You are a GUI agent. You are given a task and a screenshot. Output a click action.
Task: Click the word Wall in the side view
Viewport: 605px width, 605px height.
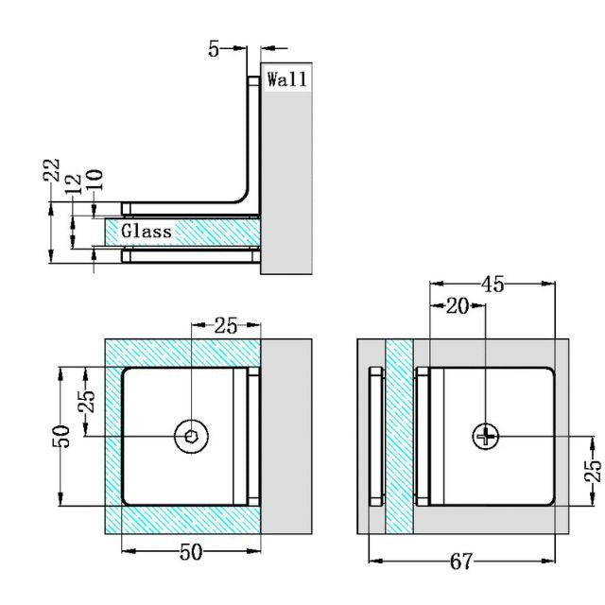click(x=286, y=79)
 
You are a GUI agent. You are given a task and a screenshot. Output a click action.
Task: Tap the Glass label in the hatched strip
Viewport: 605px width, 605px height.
click(x=147, y=231)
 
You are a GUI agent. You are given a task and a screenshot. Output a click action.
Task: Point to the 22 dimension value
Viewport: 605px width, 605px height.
click(x=53, y=171)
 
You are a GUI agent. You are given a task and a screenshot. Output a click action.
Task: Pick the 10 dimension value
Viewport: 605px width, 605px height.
click(x=94, y=179)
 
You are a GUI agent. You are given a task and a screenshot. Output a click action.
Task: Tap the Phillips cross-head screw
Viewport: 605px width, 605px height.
click(x=486, y=436)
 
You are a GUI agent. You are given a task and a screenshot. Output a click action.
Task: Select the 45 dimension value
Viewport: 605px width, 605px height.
click(x=492, y=284)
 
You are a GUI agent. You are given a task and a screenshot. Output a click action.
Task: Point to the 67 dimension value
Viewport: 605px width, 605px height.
click(x=460, y=562)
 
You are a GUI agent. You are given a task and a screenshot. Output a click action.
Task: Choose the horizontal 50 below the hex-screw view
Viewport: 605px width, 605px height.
click(x=191, y=552)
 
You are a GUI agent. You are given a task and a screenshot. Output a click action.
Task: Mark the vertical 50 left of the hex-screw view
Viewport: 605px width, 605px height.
click(x=62, y=436)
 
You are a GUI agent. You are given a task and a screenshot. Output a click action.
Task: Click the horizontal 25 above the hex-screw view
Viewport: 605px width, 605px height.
click(x=226, y=326)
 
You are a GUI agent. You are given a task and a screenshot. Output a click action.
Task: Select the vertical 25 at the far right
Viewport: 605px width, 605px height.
click(x=591, y=472)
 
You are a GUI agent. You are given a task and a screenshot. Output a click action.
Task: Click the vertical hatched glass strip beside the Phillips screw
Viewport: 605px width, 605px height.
click(x=400, y=435)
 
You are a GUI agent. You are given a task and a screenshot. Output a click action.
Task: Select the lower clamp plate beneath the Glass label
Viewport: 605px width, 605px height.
click(x=189, y=256)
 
